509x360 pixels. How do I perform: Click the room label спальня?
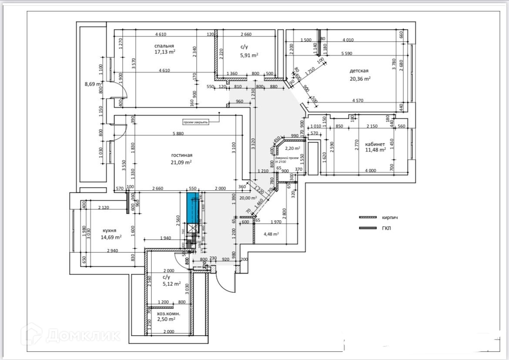click(x=164, y=46)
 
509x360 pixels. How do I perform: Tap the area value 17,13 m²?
click(x=165, y=52)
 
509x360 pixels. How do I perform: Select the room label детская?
click(x=359, y=71)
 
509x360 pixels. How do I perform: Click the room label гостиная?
click(x=181, y=155)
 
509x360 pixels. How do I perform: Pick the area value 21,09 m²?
click(x=181, y=162)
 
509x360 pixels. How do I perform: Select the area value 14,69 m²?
click(x=111, y=237)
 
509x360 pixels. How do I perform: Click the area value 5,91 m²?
click(x=249, y=55)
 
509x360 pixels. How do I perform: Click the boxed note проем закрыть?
click(x=196, y=122)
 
